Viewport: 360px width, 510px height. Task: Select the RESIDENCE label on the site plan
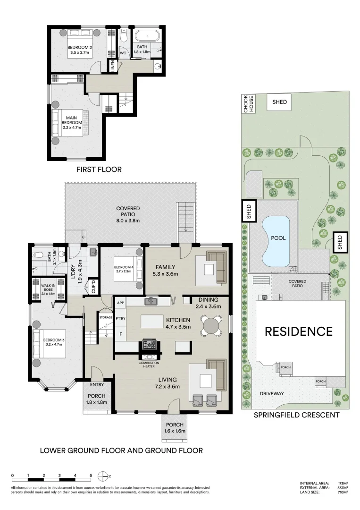pyautogui.click(x=298, y=331)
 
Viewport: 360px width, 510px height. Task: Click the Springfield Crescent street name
pyautogui.click(x=296, y=415)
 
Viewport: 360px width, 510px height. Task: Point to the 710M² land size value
pyautogui.click(x=343, y=492)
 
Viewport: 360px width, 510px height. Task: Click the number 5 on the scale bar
pyautogui.click(x=91, y=476)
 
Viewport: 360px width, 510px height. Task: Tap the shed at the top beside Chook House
pyautogui.click(x=279, y=102)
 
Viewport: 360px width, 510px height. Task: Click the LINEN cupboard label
pyautogui.click(x=113, y=66)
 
